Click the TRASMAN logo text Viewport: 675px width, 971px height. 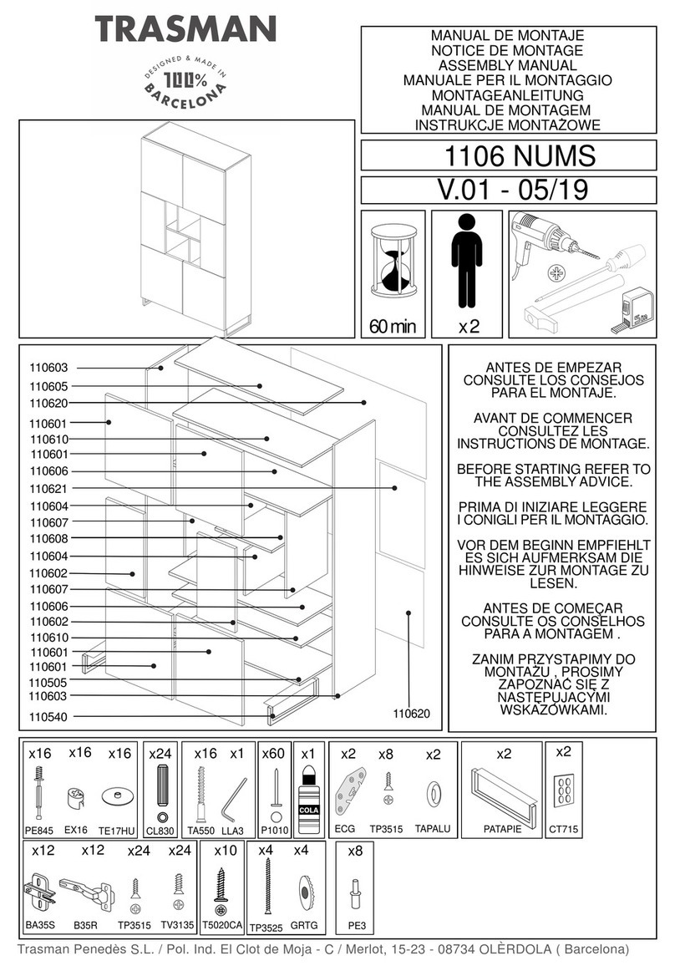pyautogui.click(x=185, y=31)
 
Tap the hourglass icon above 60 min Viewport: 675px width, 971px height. pyautogui.click(x=394, y=261)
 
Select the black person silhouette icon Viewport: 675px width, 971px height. pyautogui.click(x=467, y=262)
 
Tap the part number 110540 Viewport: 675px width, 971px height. pyautogui.click(x=48, y=716)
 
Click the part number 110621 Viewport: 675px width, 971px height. pyautogui.click(x=48, y=489)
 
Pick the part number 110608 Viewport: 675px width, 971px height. pyautogui.click(x=48, y=539)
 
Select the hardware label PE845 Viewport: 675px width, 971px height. pyautogui.click(x=39, y=831)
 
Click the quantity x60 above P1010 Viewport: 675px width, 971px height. pyautogui.click(x=274, y=753)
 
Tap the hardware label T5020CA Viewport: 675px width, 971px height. pyautogui.click(x=221, y=926)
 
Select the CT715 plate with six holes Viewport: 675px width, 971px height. pyautogui.click(x=563, y=791)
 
